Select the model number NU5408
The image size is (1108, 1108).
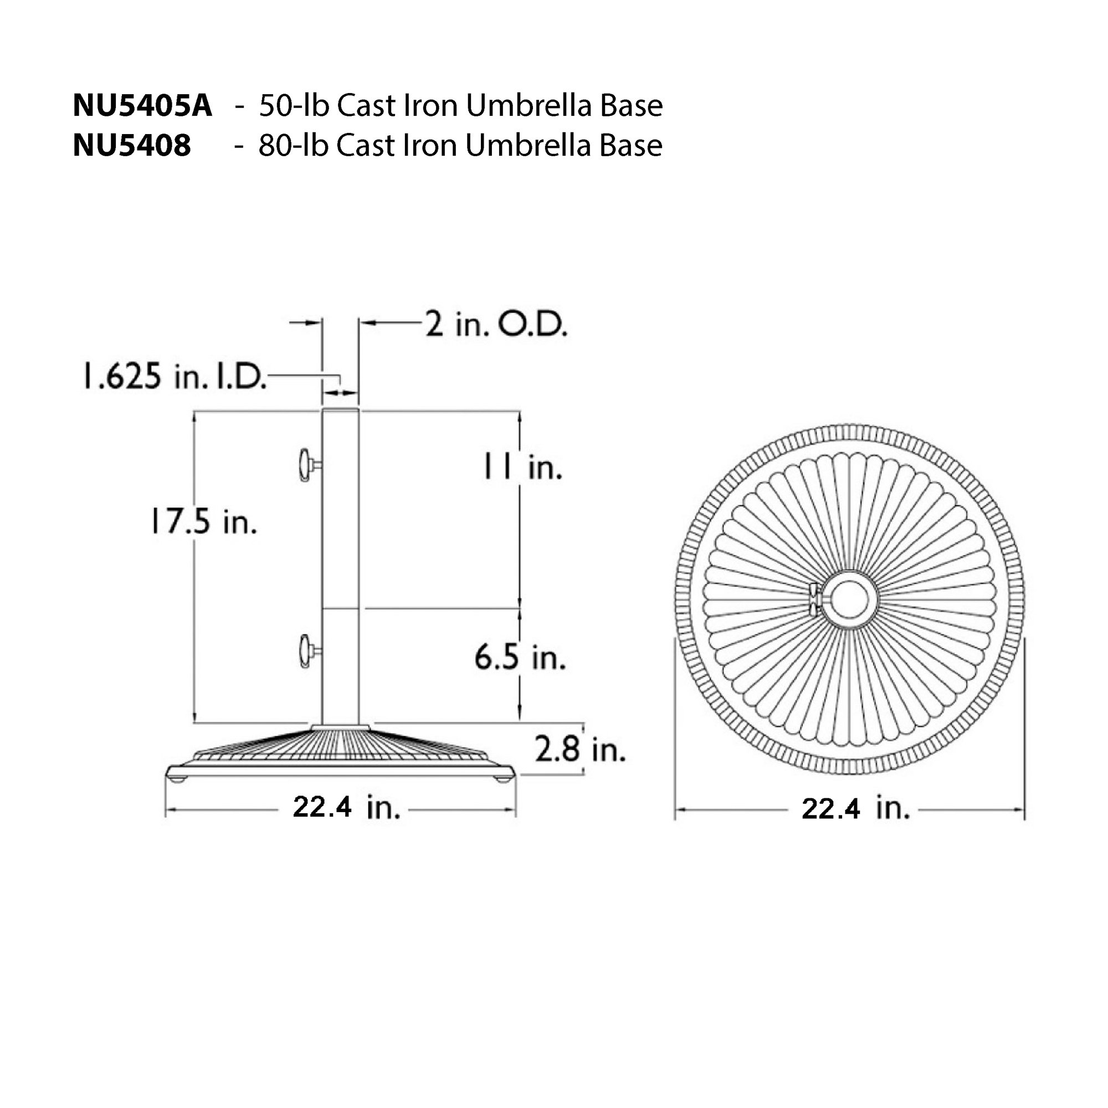pos(131,146)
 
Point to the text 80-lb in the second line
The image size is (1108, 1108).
pos(293,146)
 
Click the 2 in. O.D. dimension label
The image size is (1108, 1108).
pos(496,325)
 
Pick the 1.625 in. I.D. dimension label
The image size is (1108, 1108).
pos(175,377)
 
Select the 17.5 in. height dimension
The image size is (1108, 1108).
pos(203,522)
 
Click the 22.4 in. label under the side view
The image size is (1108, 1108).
pos(346,808)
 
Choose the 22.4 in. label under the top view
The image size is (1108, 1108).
pos(855,809)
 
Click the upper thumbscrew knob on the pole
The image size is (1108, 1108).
pos(305,465)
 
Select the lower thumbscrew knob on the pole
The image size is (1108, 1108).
pos(305,650)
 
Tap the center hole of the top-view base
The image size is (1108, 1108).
pos(850,598)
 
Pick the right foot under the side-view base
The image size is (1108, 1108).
pos(504,779)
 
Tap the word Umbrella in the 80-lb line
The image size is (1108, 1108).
pos(528,146)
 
